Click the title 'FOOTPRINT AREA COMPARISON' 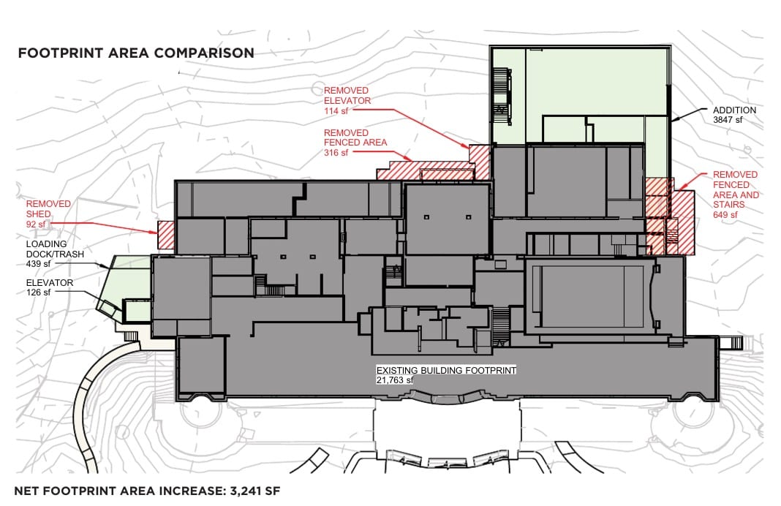pos(136,53)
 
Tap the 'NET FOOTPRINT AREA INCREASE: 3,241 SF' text pos(147,491)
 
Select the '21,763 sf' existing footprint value pos(395,380)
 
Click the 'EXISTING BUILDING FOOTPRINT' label pos(446,371)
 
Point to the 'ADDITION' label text pos(735,110)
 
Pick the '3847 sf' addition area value pos(728,119)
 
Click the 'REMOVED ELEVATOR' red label pos(347,96)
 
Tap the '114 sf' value pos(336,111)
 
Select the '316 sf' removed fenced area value pos(336,152)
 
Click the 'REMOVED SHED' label pos(48,208)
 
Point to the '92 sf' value pos(36,224)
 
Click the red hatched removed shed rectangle pos(166,235)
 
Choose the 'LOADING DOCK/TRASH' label pos(55,249)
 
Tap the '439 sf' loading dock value pos(38,264)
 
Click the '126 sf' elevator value pos(38,292)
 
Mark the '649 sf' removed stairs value pos(725,215)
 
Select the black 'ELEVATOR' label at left pos(49,283)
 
